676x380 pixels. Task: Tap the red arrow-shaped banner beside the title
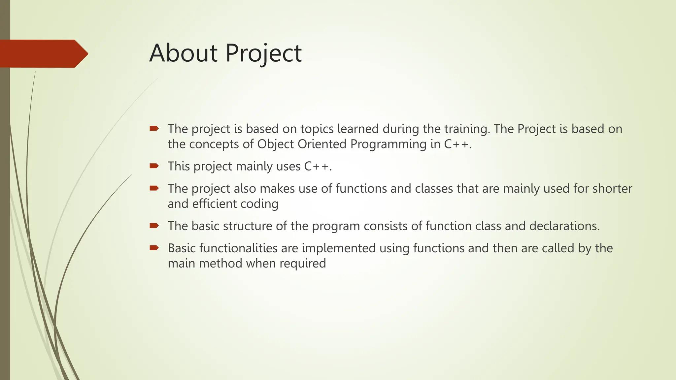pos(43,53)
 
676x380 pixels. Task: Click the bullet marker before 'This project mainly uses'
pos(154,166)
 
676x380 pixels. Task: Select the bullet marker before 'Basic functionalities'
pos(154,247)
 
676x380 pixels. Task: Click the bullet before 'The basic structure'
pos(154,225)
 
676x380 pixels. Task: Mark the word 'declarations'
pos(564,226)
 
